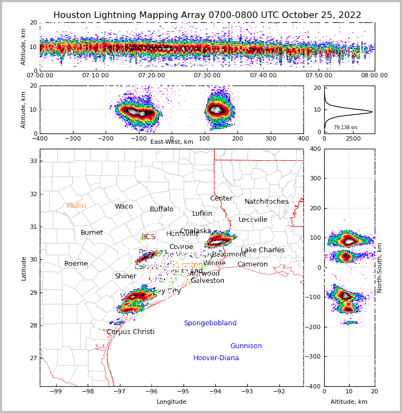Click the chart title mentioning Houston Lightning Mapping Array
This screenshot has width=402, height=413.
click(207, 15)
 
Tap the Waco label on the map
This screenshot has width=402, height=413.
click(124, 206)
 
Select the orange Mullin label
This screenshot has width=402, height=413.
click(76, 206)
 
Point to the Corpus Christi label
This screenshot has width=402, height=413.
click(131, 332)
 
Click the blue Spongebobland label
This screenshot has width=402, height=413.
click(210, 323)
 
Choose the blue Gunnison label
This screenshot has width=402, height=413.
click(246, 346)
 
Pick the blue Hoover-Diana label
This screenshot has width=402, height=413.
click(216, 358)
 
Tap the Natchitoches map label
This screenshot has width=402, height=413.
click(266, 202)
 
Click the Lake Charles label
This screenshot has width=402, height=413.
click(263, 250)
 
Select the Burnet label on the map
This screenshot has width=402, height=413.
click(92, 233)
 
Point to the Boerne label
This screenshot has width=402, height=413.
click(76, 264)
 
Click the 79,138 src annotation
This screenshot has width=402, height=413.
click(346, 127)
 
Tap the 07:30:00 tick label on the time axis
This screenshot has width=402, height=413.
click(207, 76)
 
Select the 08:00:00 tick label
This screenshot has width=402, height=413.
click(374, 76)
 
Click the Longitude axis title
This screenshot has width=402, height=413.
click(172, 402)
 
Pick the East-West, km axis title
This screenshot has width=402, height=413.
click(172, 142)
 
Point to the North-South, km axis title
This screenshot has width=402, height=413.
click(380, 268)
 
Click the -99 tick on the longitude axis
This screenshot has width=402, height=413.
click(56, 391)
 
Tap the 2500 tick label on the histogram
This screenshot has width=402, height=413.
click(354, 139)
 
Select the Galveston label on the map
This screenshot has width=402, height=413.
click(208, 281)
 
